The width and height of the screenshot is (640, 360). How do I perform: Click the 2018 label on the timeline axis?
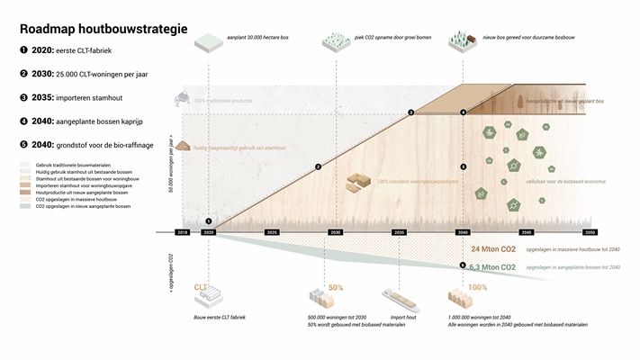183,232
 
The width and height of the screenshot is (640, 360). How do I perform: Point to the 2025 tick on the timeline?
271,232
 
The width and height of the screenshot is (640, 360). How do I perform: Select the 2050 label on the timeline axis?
590,232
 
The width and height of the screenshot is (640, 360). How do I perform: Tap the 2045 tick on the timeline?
527,232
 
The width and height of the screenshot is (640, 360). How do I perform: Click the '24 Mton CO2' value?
492,248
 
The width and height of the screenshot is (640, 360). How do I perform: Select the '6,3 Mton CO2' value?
493,267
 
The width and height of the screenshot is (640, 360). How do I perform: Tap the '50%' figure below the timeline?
336,287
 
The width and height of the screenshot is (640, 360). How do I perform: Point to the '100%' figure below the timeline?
478,287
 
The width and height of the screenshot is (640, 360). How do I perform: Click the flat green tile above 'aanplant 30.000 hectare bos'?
208,40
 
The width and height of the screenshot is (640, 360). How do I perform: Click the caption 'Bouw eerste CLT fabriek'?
220,318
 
